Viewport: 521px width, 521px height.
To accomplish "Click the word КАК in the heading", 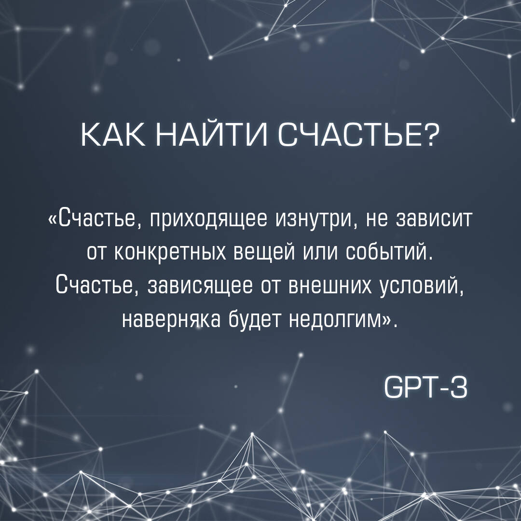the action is click(113, 136).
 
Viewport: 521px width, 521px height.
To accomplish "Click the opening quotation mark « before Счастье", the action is click(53, 220).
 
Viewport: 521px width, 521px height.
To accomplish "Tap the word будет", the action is click(255, 320).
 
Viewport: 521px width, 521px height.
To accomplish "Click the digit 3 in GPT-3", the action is click(459, 387).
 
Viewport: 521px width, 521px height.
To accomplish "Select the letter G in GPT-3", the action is click(392, 387).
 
